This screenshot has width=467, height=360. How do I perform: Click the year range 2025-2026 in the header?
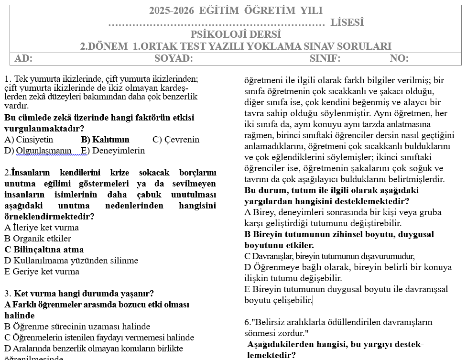(x=172, y=11)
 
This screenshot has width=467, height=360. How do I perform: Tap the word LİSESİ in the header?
(x=347, y=22)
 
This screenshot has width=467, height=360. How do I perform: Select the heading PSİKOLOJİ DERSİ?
(x=236, y=34)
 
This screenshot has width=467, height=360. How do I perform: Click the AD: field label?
(x=23, y=59)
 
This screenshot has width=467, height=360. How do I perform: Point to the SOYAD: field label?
(x=174, y=59)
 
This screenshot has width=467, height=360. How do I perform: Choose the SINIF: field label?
(x=325, y=59)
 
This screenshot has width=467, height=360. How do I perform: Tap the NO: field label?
(x=399, y=59)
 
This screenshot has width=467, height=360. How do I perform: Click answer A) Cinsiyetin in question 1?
(x=29, y=140)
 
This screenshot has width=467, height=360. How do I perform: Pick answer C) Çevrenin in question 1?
(x=176, y=140)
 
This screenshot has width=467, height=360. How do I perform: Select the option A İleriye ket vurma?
(x=42, y=228)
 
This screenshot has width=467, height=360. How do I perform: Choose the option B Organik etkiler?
(x=38, y=239)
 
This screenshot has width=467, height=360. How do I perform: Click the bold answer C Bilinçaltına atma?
(x=44, y=250)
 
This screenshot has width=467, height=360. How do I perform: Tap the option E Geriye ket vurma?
(x=42, y=272)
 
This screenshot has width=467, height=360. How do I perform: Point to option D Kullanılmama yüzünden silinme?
(x=71, y=261)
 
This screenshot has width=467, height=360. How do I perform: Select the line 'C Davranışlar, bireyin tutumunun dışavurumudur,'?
(x=329, y=256)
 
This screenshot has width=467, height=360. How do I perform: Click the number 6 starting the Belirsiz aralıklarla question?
(x=247, y=322)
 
